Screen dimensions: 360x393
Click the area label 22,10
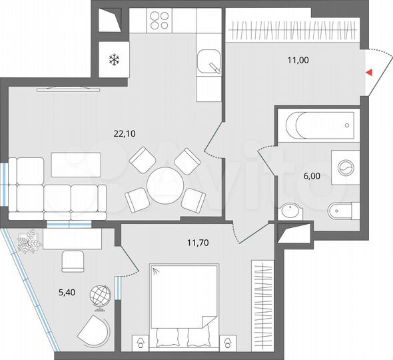coord(125,133)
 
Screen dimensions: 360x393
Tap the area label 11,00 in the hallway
coord(297,60)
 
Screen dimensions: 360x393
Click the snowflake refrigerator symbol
coord(113,61)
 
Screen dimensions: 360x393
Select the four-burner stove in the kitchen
coord(160,21)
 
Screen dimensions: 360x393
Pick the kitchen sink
coord(208,62)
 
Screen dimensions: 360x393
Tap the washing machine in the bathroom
coord(346,167)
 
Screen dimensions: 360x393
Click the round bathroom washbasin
coord(290,212)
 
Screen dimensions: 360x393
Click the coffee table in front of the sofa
coord(76,165)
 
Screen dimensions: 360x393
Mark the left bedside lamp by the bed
coord(141,342)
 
